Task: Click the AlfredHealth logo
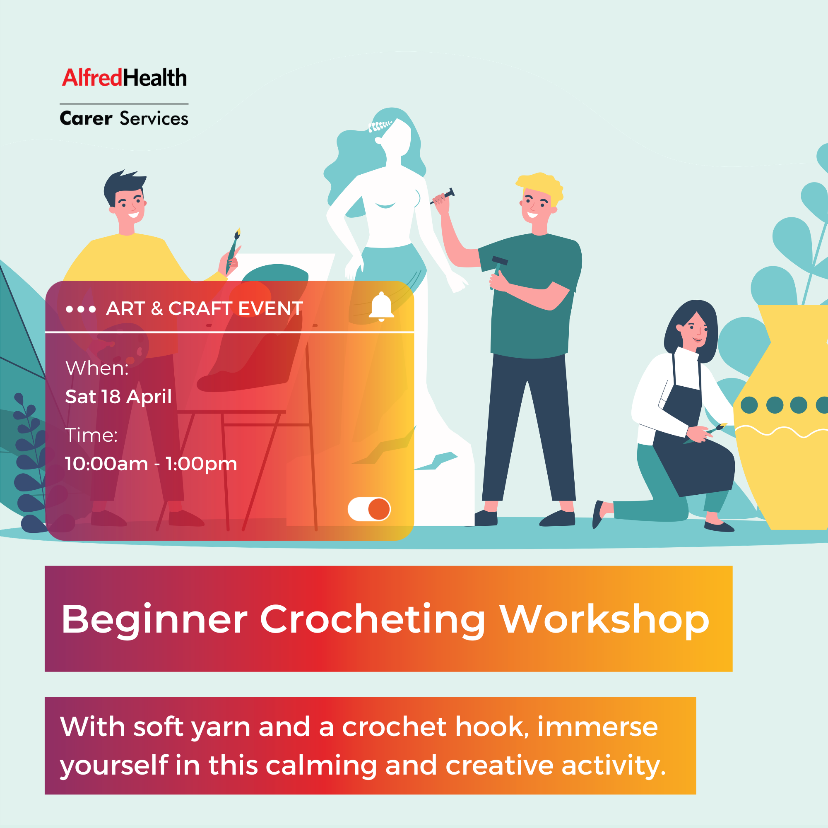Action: (124, 78)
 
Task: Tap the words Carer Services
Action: (124, 119)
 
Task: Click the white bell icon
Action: (381, 307)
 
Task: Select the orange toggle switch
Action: (369, 509)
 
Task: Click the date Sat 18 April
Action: (118, 397)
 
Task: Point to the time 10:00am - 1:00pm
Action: (151, 464)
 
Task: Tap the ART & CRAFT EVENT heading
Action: (205, 308)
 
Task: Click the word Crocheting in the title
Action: (373, 619)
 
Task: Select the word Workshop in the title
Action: (605, 619)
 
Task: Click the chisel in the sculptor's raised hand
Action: (443, 196)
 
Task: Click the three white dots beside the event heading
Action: (81, 309)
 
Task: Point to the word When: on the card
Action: (97, 368)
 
